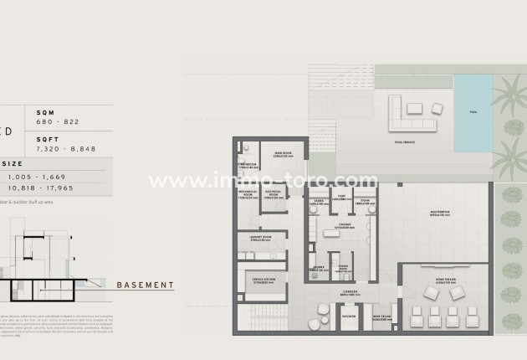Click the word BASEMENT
point(145,285)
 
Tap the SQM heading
point(44,111)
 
